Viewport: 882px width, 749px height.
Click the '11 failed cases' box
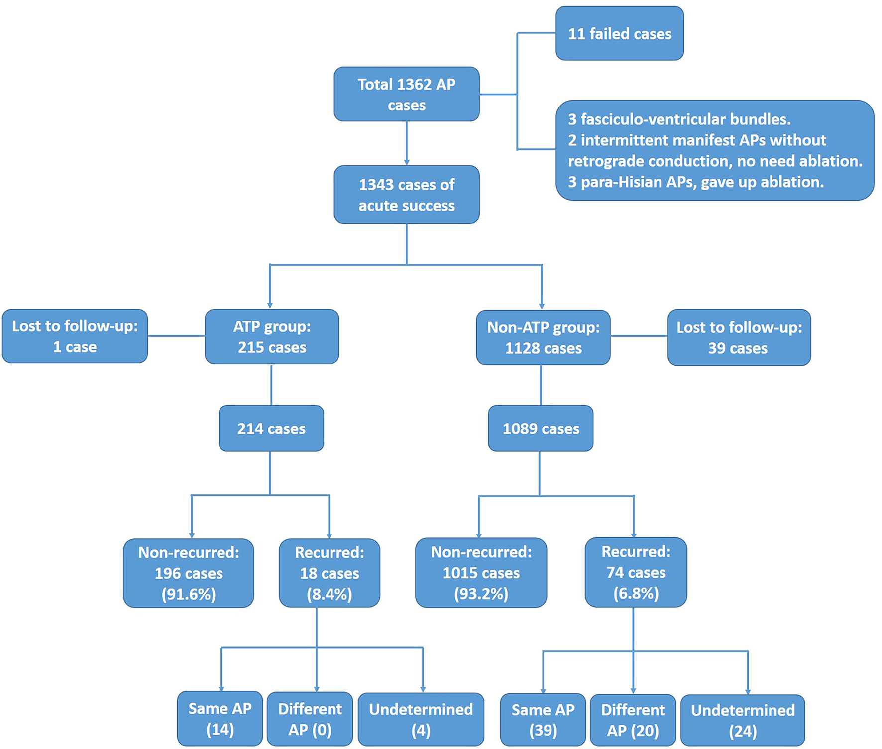pyautogui.click(x=619, y=33)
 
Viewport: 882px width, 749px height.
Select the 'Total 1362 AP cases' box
pyautogui.click(x=406, y=94)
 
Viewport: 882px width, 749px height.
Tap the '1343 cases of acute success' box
pyautogui.click(x=406, y=195)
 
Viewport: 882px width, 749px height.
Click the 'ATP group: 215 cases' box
pyautogui.click(x=272, y=336)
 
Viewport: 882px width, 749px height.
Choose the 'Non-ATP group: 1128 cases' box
pyautogui.click(x=543, y=337)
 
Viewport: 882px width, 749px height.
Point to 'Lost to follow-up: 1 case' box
pyautogui.click(x=75, y=336)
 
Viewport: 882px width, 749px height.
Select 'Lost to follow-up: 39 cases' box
pyautogui.click(x=739, y=337)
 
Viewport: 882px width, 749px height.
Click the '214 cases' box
pyautogui.click(x=271, y=428)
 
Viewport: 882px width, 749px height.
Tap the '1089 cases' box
pyautogui.click(x=541, y=428)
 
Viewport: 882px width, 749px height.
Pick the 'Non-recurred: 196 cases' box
pyautogui.click(x=189, y=573)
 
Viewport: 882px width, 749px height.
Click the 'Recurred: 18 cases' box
pyautogui.click(x=329, y=573)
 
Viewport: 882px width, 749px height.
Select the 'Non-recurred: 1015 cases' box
pyautogui.click(x=481, y=572)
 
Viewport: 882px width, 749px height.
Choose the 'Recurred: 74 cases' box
pyautogui.click(x=636, y=572)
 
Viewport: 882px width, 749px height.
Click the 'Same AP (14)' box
pyautogui.click(x=220, y=718)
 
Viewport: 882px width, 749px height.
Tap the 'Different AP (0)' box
pyautogui.click(x=310, y=719)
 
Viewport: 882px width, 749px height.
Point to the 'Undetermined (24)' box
pyautogui.click(x=742, y=720)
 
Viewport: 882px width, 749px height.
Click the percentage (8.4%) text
pyautogui.click(x=329, y=594)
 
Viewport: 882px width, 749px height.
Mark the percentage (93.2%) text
pyautogui.click(x=481, y=594)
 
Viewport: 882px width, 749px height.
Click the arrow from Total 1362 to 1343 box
pyautogui.click(x=407, y=144)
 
